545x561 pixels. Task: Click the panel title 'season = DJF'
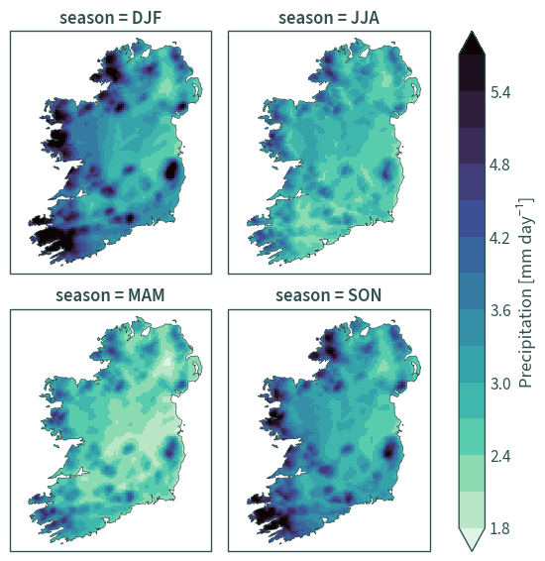(x=111, y=18)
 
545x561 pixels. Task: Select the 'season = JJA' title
(x=329, y=18)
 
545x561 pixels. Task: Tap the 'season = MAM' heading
(x=110, y=295)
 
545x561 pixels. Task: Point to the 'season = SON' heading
(x=329, y=295)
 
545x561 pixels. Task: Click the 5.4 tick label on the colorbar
(x=500, y=92)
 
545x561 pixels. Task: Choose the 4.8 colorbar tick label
(x=500, y=166)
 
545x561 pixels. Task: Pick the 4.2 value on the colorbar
(x=500, y=238)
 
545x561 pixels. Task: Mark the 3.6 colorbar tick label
(x=500, y=310)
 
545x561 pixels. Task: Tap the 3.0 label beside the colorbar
(x=500, y=384)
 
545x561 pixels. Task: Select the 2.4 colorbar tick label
(x=500, y=456)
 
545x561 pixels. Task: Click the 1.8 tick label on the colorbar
(x=500, y=529)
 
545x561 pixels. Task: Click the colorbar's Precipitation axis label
(x=526, y=292)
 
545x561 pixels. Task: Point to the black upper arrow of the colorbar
(x=472, y=44)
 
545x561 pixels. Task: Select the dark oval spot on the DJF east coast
(x=172, y=170)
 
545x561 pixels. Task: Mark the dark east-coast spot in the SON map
(x=389, y=450)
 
